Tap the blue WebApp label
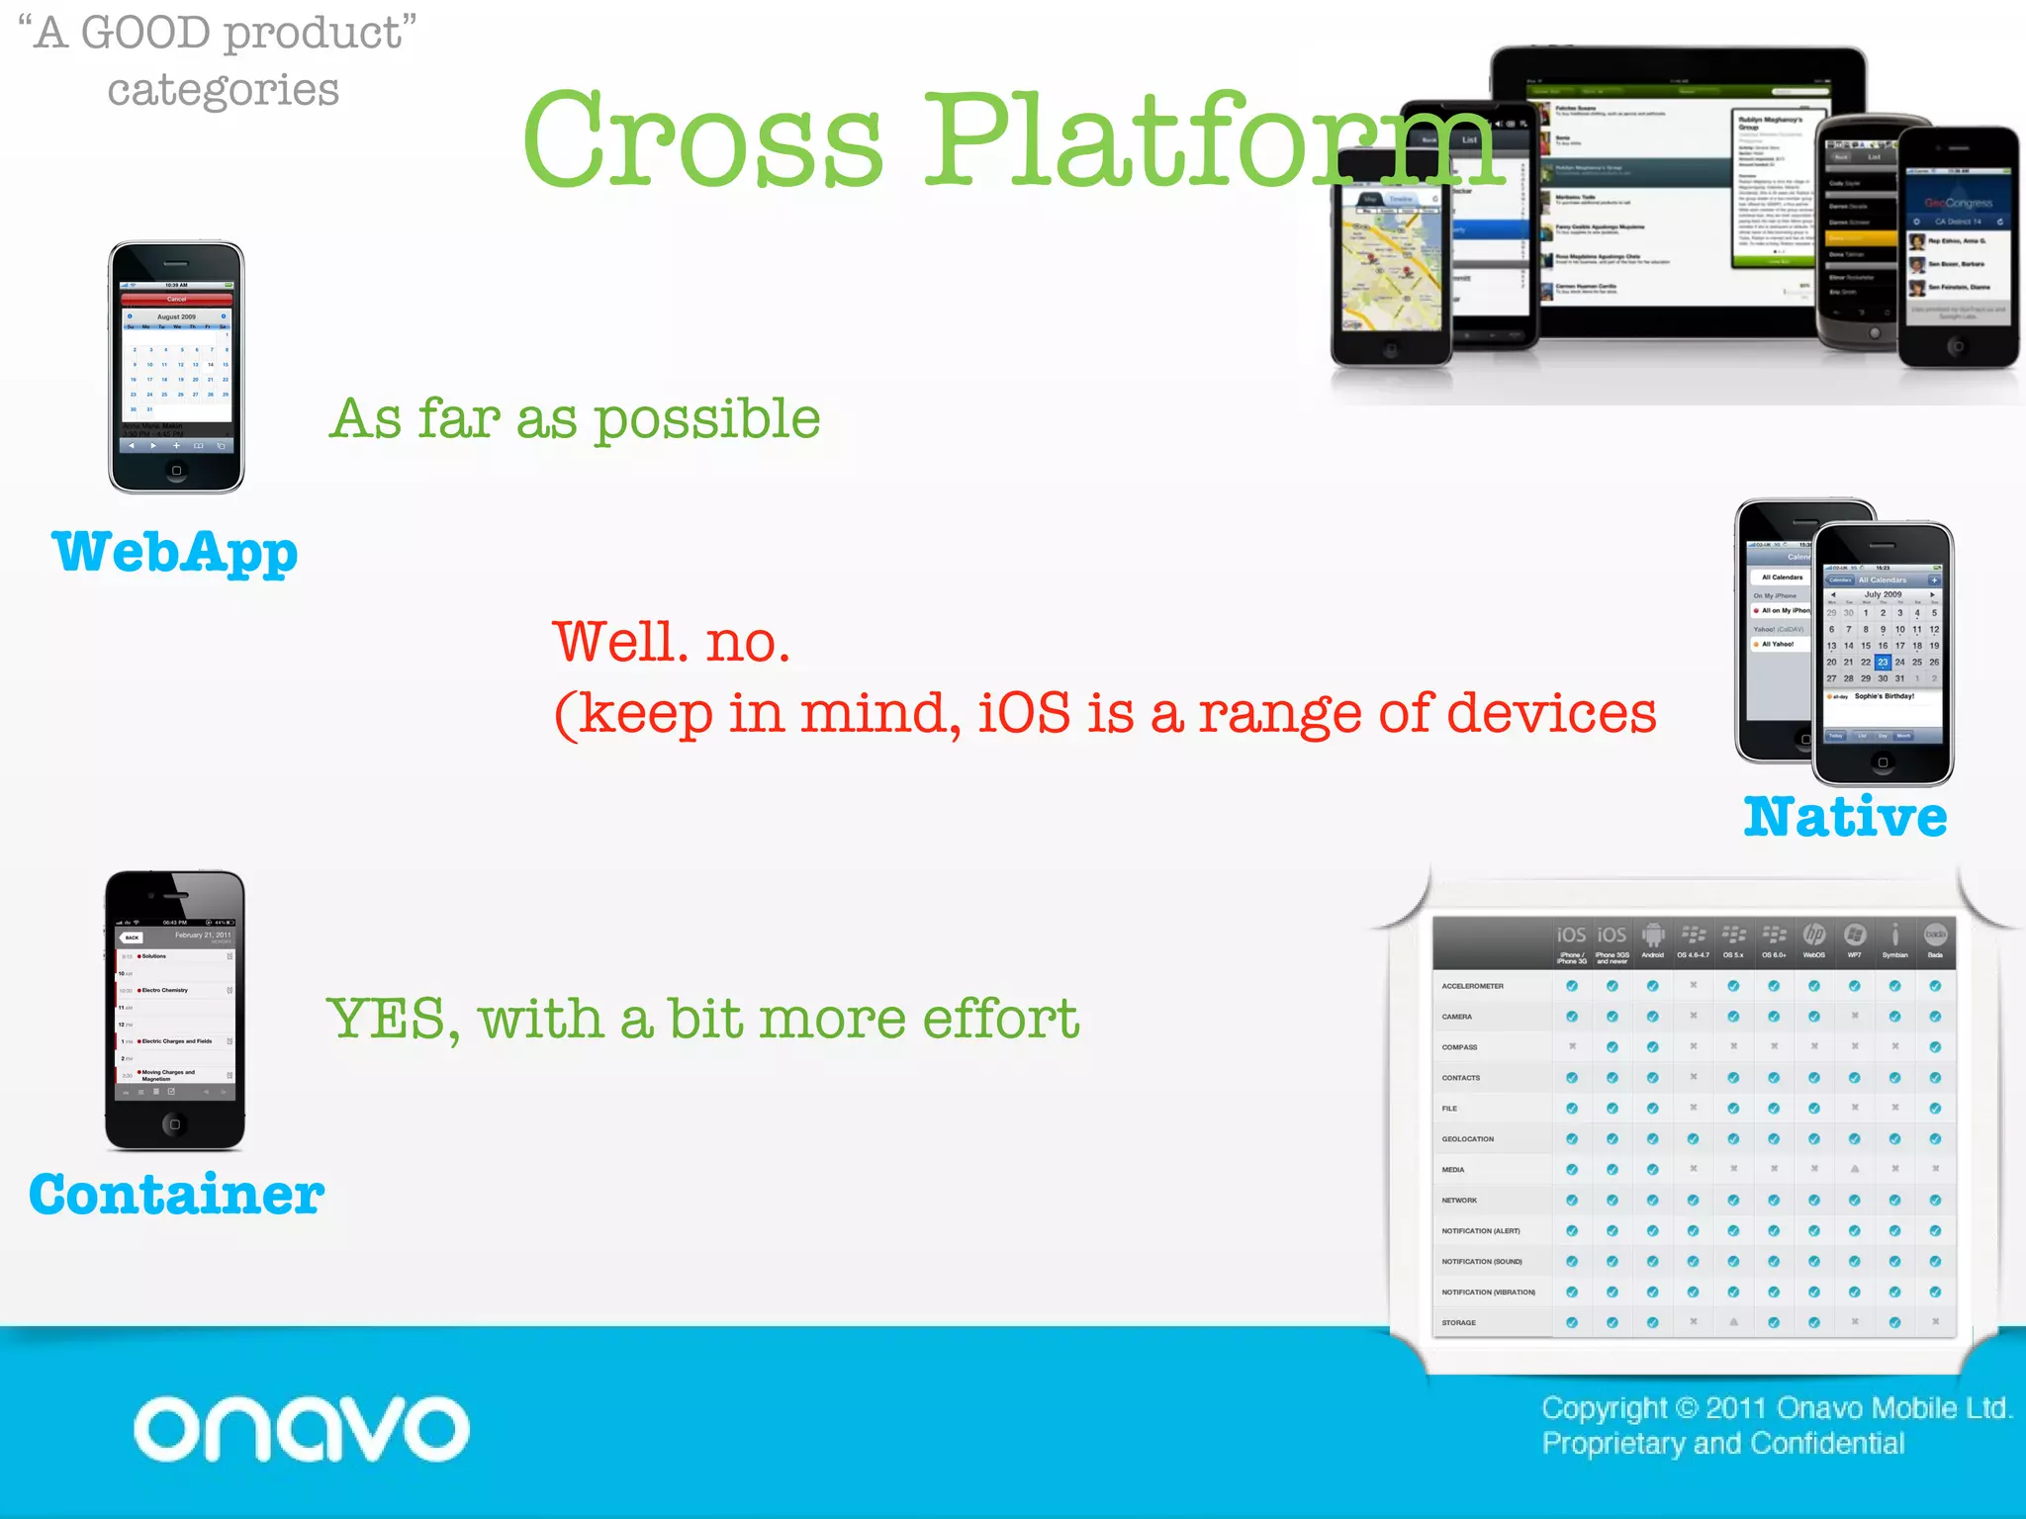click(x=174, y=552)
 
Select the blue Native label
click(x=1845, y=817)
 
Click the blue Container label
click(x=176, y=1195)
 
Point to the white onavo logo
click(x=302, y=1429)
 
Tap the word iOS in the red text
click(x=1024, y=713)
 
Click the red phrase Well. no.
click(x=671, y=643)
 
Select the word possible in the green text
click(x=706, y=419)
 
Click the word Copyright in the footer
click(x=1604, y=1407)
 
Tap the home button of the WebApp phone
click(x=176, y=471)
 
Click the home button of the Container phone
click(x=175, y=1124)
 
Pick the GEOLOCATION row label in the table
click(x=1467, y=1139)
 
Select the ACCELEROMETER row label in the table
click(x=1472, y=986)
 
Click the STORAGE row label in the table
click(x=1458, y=1322)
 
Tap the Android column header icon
click(x=1652, y=936)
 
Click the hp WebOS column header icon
click(x=1813, y=936)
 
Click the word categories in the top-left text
click(x=223, y=90)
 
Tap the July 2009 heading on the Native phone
click(x=1883, y=594)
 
